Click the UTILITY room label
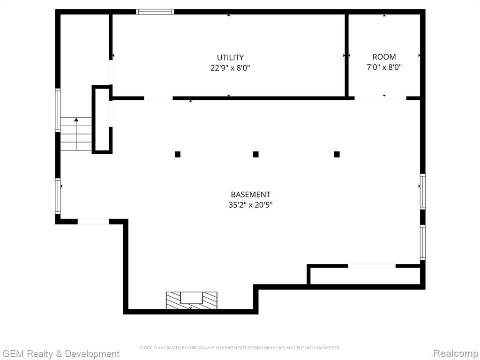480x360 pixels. tap(230, 58)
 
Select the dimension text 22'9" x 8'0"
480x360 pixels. tap(230, 67)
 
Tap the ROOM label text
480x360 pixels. tap(384, 57)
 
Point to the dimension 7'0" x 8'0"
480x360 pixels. tap(384, 67)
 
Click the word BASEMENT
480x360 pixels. tap(250, 195)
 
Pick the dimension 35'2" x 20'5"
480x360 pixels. tap(250, 204)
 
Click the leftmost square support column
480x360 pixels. tap(178, 154)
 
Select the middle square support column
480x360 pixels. tap(255, 154)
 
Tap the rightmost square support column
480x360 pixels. tap(337, 154)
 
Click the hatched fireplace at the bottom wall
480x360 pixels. tap(192, 300)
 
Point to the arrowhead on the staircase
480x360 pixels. tap(76, 120)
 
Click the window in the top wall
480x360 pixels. tap(155, 12)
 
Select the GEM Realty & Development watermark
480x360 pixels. tap(60, 354)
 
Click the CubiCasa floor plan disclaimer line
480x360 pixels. tap(240, 348)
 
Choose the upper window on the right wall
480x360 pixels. tap(422, 191)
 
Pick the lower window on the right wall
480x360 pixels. tap(422, 242)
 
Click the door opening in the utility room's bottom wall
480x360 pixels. tap(158, 98)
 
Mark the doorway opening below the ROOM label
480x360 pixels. tap(380, 98)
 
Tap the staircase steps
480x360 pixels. tap(76, 134)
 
